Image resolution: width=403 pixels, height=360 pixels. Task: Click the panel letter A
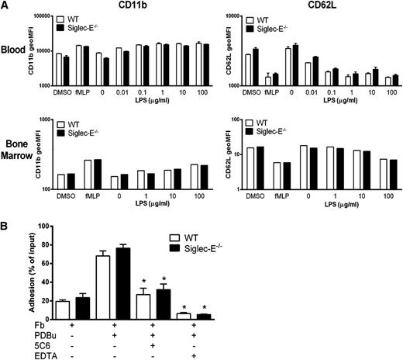(x=5, y=6)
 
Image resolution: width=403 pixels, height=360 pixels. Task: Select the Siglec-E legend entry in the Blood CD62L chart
(x=277, y=29)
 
